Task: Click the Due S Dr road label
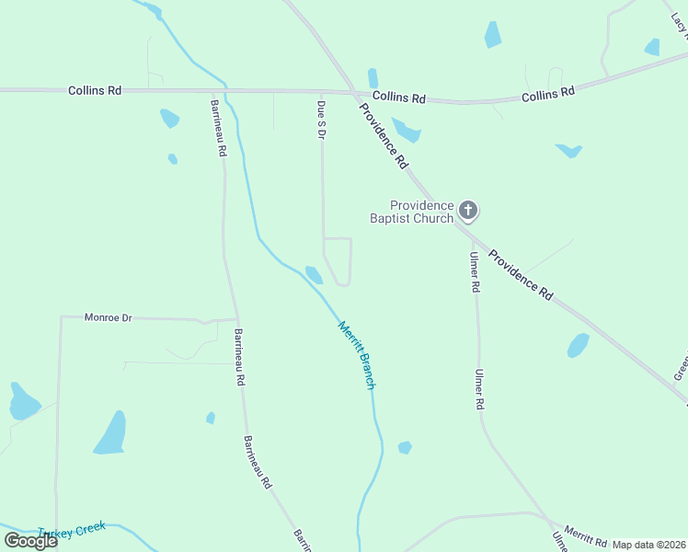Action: click(x=322, y=120)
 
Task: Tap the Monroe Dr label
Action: click(x=109, y=317)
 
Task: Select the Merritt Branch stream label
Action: click(x=357, y=355)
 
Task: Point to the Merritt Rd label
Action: click(x=586, y=535)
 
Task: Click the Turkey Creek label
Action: click(x=74, y=531)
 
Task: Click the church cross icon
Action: click(x=468, y=212)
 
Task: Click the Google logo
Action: click(x=31, y=541)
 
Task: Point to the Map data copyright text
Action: click(x=649, y=545)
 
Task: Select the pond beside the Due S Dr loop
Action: click(x=314, y=274)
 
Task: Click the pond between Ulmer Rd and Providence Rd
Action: click(x=578, y=345)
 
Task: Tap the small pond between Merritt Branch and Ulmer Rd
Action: click(x=405, y=448)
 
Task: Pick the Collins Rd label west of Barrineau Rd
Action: click(x=95, y=90)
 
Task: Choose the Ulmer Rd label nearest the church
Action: click(x=475, y=272)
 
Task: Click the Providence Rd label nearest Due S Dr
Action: click(x=384, y=135)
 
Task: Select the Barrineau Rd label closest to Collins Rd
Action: click(x=218, y=128)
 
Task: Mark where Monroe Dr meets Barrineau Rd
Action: click(x=234, y=319)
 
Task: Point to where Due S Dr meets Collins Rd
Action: click(x=321, y=92)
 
